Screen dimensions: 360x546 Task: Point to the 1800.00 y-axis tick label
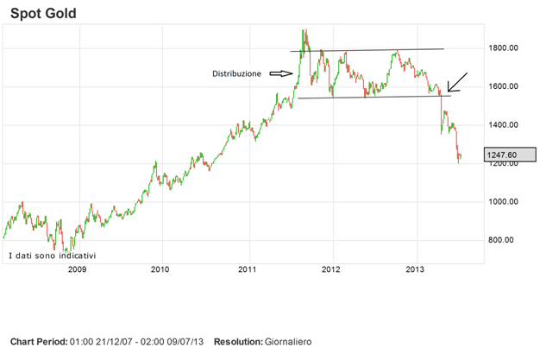click(x=501, y=49)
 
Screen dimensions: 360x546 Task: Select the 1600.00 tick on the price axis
click(x=501, y=87)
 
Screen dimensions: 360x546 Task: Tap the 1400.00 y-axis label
click(x=501, y=125)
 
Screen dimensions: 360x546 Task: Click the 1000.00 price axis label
click(x=501, y=202)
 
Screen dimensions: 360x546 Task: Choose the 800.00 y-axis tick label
click(x=503, y=240)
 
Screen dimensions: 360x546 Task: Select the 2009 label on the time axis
click(x=78, y=269)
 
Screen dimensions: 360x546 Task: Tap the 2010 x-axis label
click(x=160, y=269)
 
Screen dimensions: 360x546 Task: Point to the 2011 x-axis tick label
click(x=248, y=269)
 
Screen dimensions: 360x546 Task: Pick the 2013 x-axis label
click(x=417, y=269)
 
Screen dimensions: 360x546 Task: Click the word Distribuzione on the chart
click(x=236, y=74)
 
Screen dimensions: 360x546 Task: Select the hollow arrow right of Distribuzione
click(x=281, y=74)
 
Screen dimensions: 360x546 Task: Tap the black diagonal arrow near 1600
click(x=458, y=82)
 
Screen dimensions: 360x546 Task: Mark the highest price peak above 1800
click(x=304, y=31)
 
